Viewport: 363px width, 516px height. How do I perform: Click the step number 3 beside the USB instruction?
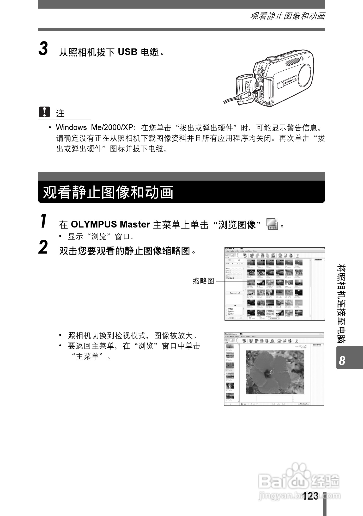(44, 49)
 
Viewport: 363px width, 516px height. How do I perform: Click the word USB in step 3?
(128, 52)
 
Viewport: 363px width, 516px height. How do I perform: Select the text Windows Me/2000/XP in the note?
(95, 128)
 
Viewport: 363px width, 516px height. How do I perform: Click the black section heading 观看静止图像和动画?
(108, 192)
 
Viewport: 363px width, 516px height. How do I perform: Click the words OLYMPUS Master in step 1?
(110, 224)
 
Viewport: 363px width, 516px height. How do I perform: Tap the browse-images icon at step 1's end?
(272, 224)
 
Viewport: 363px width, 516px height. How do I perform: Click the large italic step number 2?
(43, 248)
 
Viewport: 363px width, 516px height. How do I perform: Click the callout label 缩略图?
(203, 281)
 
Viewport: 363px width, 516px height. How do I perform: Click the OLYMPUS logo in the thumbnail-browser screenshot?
(318, 260)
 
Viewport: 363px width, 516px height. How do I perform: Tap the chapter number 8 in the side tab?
(342, 361)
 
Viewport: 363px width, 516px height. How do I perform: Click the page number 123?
(311, 496)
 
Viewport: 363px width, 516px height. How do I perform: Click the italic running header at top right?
(287, 16)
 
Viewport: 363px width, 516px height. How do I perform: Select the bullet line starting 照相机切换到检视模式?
(133, 335)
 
